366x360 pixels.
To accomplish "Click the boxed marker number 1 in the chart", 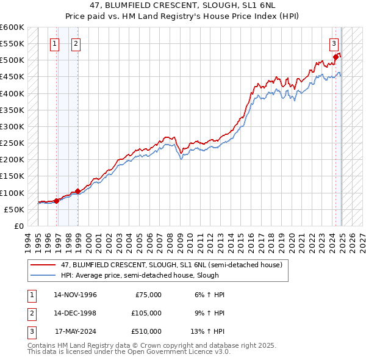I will pos(56,43).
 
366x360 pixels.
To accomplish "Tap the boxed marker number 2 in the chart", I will pos(76,43).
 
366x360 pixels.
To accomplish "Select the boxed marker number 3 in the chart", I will pos(334,43).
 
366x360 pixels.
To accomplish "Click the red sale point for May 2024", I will pos(335,57).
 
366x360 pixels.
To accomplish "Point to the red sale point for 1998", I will pos(77,191).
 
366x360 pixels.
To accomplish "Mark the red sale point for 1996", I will pos(56,201).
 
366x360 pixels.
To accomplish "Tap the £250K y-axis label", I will pos(12,143).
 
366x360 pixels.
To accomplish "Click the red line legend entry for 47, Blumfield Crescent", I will pos(171,265).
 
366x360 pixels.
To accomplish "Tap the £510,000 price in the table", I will pos(146,331).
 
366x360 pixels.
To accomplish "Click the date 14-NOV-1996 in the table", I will pos(75,295).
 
